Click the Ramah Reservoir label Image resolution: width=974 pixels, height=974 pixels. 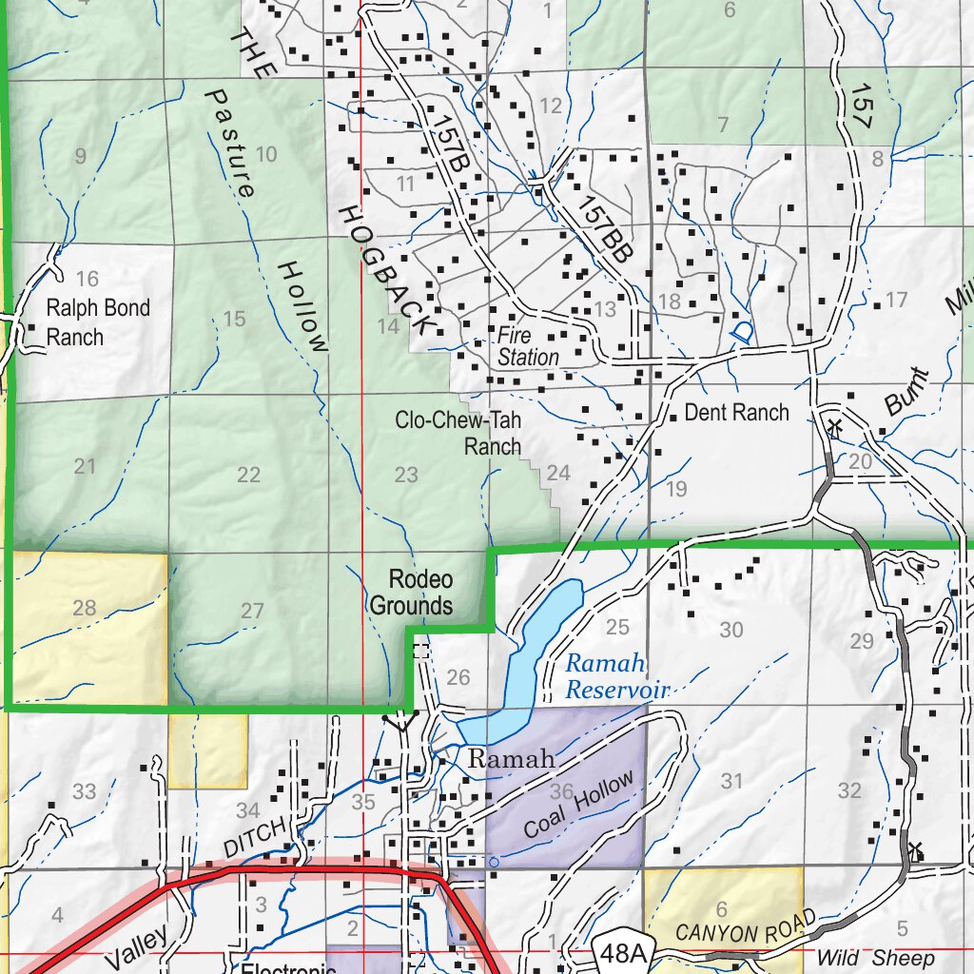(x=618, y=676)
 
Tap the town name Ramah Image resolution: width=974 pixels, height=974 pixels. (x=512, y=759)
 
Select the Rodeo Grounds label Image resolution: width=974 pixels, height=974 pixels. (x=411, y=593)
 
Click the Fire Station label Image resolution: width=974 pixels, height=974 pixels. (x=528, y=346)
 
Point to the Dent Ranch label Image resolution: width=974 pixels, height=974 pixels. (x=736, y=412)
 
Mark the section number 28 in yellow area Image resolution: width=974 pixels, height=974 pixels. (x=85, y=607)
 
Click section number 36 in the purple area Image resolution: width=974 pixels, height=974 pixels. (x=561, y=791)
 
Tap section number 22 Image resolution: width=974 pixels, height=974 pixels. (x=248, y=475)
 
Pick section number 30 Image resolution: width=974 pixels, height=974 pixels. (x=731, y=629)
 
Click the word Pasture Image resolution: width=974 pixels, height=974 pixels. (x=231, y=144)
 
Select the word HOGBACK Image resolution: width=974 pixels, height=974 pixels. (x=386, y=269)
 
